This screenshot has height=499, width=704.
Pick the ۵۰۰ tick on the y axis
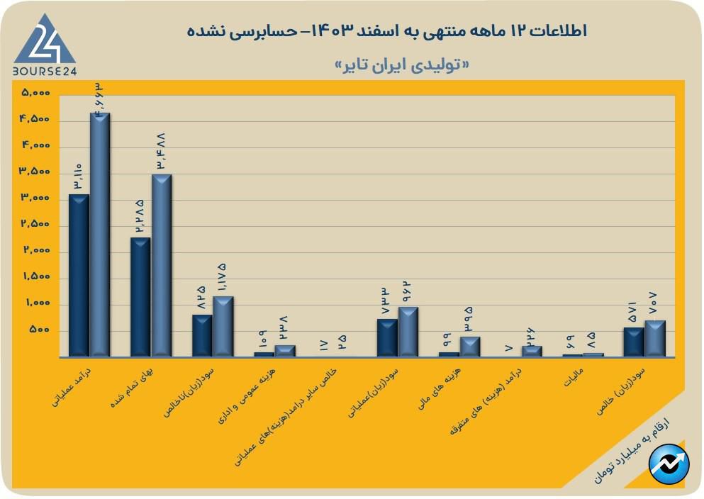pos(40,330)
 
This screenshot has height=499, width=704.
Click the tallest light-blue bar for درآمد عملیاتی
pos(99,234)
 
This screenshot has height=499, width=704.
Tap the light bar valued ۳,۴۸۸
pos(162,265)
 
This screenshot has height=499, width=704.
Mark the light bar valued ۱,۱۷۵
pos(223,326)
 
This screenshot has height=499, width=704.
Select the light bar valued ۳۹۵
pos(469,347)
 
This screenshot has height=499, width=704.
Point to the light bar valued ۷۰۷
pos(654,338)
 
